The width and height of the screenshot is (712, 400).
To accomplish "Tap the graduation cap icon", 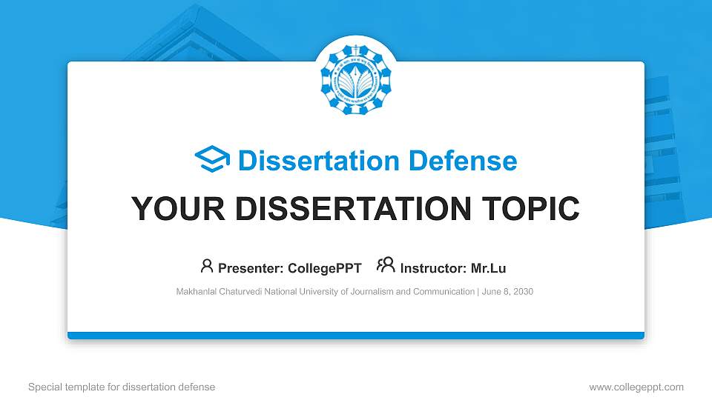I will [x=212, y=159].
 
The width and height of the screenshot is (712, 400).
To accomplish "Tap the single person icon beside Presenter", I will [x=207, y=266].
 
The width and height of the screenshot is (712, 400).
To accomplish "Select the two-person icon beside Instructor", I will [x=386, y=266].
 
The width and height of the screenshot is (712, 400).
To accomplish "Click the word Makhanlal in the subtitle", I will [x=197, y=292].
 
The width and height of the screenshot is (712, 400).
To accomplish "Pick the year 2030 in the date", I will [x=521, y=292].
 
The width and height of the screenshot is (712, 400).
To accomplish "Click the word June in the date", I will [x=490, y=292].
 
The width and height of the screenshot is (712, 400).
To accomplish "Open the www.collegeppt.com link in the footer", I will [x=636, y=387].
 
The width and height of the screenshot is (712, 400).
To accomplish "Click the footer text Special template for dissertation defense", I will [x=122, y=387].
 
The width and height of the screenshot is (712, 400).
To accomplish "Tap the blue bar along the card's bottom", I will [x=355, y=336].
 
